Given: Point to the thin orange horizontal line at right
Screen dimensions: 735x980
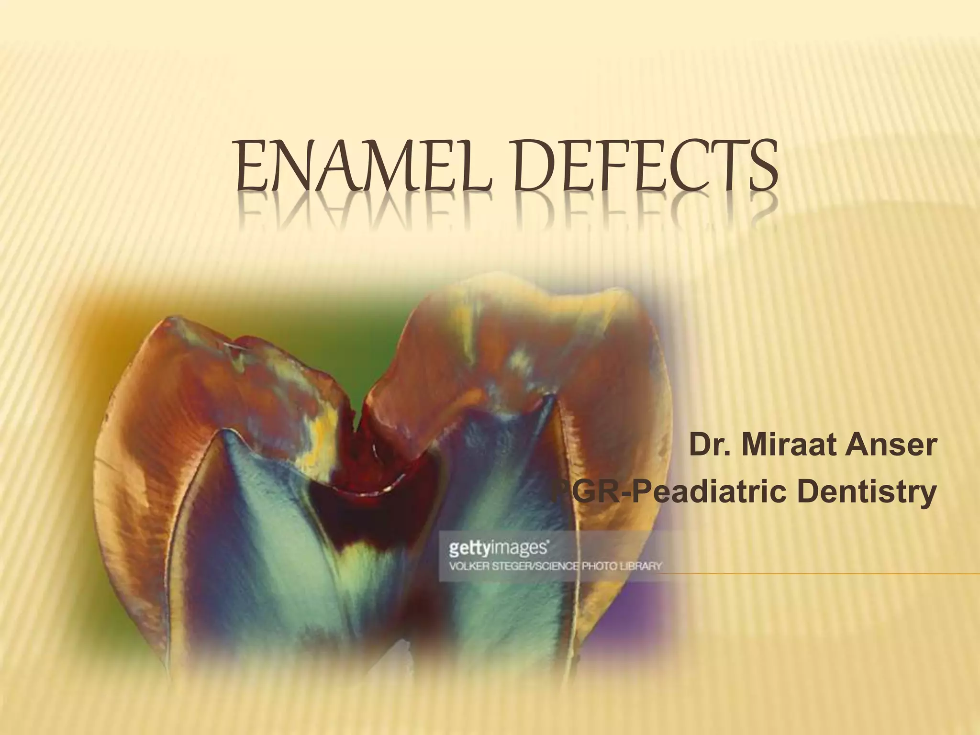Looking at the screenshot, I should (813, 573).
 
